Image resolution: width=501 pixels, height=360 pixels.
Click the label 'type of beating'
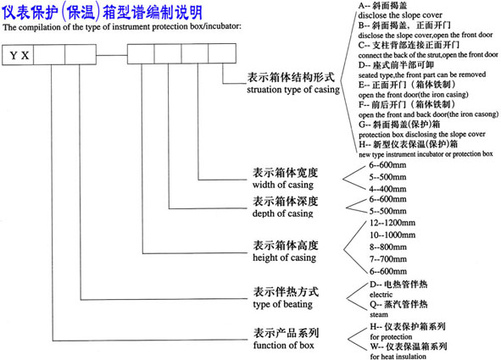click(278, 303)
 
